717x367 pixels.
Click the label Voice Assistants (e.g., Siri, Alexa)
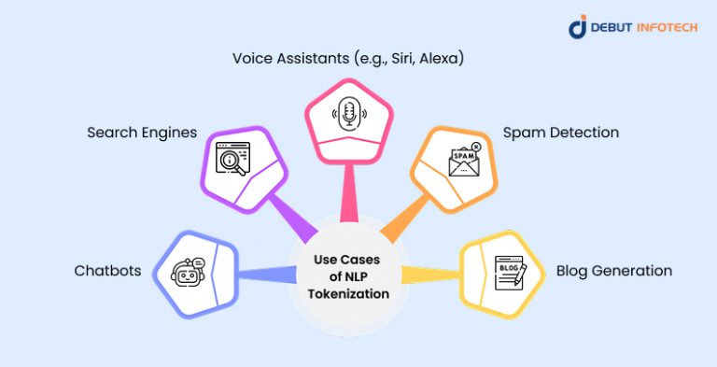pyautogui.click(x=348, y=58)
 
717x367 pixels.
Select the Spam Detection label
pyautogui.click(x=560, y=133)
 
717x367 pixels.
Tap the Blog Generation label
pyautogui.click(x=613, y=271)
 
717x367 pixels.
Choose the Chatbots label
pyautogui.click(x=107, y=271)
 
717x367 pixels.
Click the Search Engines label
pyautogui.click(x=142, y=133)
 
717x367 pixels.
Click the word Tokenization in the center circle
pyautogui.click(x=348, y=294)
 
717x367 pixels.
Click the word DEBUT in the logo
pyautogui.click(x=612, y=28)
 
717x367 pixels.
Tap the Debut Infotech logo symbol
pyautogui.click(x=578, y=26)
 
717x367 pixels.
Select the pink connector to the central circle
pyautogui.click(x=348, y=201)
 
